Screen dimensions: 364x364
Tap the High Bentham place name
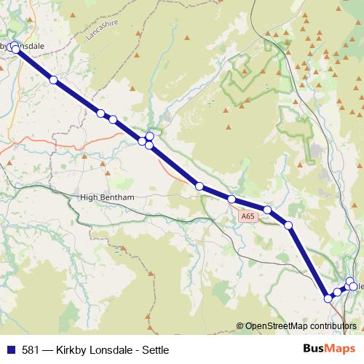(x=108, y=197)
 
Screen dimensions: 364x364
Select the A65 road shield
(x=247, y=216)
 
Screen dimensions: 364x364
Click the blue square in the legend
(x=12, y=349)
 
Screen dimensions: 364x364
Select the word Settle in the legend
(x=143, y=349)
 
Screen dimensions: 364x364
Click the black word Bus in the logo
(x=314, y=349)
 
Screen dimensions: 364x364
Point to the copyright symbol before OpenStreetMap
(x=240, y=327)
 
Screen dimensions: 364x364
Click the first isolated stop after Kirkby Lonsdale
(x=53, y=80)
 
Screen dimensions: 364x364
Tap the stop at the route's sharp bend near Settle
(x=328, y=298)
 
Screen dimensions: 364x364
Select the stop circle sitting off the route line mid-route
(x=150, y=136)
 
